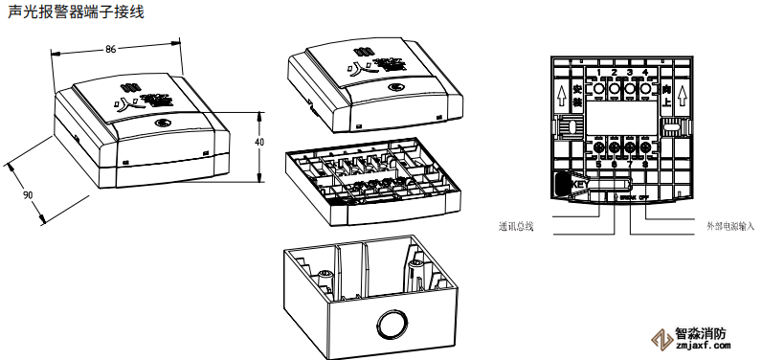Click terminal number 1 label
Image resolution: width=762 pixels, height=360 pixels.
click(597, 74)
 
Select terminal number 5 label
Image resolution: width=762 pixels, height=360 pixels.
click(597, 164)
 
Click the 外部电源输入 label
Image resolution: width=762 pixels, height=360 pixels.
click(729, 227)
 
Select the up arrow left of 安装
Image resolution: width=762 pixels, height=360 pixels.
click(560, 95)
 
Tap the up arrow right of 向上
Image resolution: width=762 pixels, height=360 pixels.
click(681, 95)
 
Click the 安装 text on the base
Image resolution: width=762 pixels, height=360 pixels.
click(576, 95)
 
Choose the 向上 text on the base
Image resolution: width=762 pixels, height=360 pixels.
click(665, 95)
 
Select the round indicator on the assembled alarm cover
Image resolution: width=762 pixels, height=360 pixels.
click(162, 124)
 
